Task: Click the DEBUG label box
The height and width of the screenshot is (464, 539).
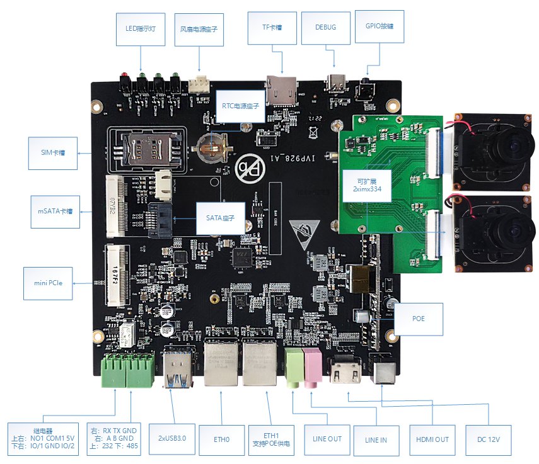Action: click(x=325, y=27)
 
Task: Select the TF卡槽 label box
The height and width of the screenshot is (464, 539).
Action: click(x=272, y=27)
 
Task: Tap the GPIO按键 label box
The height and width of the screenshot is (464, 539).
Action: click(x=380, y=27)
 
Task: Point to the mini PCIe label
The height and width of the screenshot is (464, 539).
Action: click(x=49, y=283)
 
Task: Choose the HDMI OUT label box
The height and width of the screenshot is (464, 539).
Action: click(x=432, y=439)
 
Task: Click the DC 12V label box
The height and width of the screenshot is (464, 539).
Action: click(x=488, y=439)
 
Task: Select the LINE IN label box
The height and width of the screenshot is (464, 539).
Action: click(x=376, y=439)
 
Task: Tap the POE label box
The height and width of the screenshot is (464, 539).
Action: click(x=419, y=319)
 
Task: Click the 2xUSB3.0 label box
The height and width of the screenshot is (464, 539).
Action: click(x=171, y=438)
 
